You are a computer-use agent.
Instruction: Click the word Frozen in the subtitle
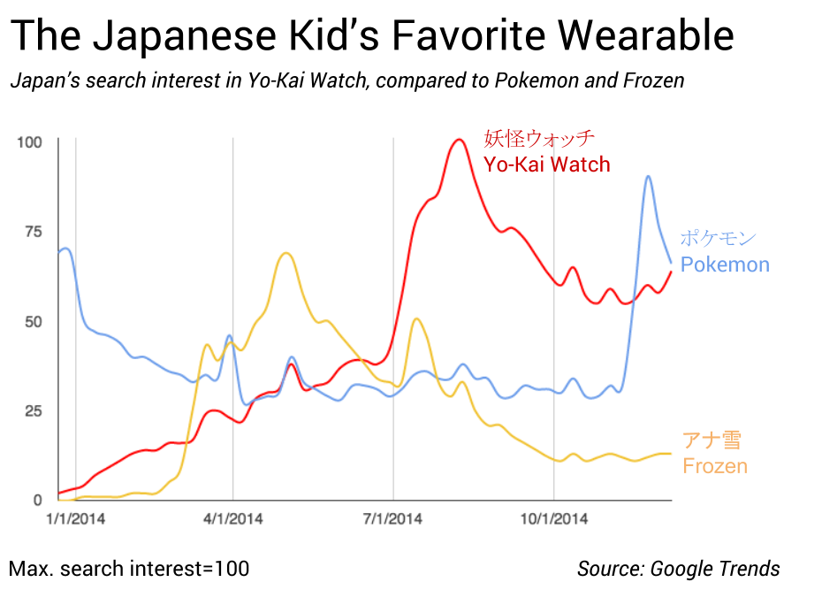pyautogui.click(x=654, y=81)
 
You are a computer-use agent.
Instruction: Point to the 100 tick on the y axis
pyautogui.click(x=30, y=142)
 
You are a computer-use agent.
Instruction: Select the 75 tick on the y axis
pyautogui.click(x=34, y=231)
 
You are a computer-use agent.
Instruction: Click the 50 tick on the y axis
pyautogui.click(x=34, y=321)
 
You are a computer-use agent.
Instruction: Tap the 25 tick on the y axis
pyautogui.click(x=34, y=410)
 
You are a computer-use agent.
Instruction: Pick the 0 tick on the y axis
pyautogui.click(x=37, y=500)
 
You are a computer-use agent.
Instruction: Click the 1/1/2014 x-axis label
pyautogui.click(x=76, y=519)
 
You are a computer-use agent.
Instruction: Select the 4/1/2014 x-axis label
pyautogui.click(x=232, y=519)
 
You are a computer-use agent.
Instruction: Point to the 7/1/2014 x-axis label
pyautogui.click(x=393, y=519)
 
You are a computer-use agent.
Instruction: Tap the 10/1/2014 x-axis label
pyautogui.click(x=552, y=519)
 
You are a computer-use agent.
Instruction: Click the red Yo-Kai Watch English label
pyautogui.click(x=547, y=165)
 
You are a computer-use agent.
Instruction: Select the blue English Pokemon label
pyautogui.click(x=725, y=264)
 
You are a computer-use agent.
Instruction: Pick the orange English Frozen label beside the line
pyautogui.click(x=715, y=466)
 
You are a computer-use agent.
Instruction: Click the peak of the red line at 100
pyautogui.click(x=459, y=140)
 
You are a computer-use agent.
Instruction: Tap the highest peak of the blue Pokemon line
pyautogui.click(x=649, y=176)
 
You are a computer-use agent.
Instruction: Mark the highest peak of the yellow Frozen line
pyautogui.click(x=285, y=253)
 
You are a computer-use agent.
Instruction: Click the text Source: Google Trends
pyautogui.click(x=679, y=569)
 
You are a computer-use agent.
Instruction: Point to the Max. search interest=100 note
pyautogui.click(x=129, y=569)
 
